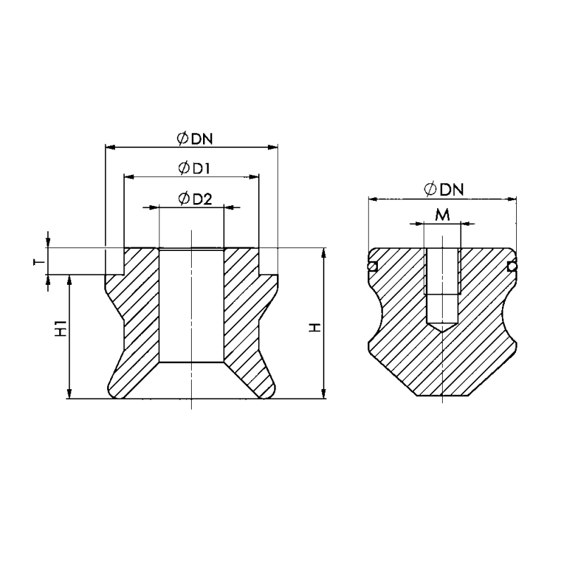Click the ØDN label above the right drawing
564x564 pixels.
click(x=443, y=190)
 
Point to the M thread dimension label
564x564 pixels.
click(x=442, y=215)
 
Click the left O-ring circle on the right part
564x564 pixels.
click(x=372, y=266)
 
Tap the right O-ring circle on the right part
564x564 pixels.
click(x=513, y=266)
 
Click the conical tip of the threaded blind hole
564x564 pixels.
click(x=442, y=326)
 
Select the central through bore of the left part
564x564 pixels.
click(x=191, y=305)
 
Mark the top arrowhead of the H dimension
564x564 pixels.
click(x=324, y=252)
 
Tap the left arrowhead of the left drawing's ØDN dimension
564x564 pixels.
click(x=110, y=147)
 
